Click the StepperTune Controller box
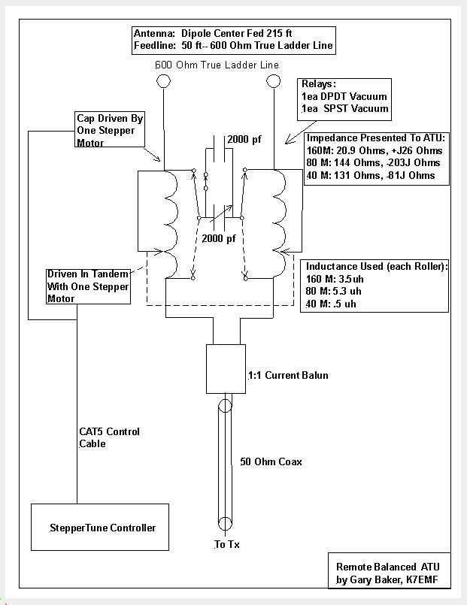click(99, 528)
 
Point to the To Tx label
click(227, 544)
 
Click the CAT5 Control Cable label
click(109, 437)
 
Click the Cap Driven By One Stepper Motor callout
click(110, 131)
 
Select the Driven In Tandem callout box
click(89, 286)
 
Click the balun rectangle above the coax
click(226, 369)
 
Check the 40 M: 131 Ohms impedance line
click(372, 175)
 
